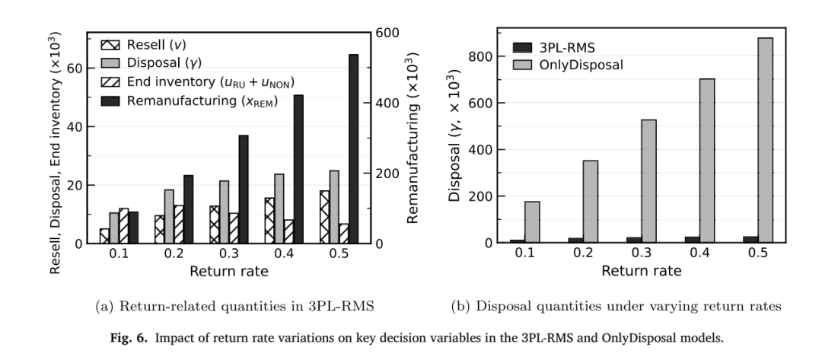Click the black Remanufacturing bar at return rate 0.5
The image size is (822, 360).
(353, 149)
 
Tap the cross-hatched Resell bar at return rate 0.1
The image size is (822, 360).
(104, 236)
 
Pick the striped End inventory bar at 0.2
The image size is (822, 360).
(179, 225)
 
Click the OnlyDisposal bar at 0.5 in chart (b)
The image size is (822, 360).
(765, 141)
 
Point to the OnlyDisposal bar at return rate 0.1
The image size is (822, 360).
(532, 222)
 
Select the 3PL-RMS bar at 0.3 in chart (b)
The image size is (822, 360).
(634, 240)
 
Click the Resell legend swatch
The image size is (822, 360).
(110, 45)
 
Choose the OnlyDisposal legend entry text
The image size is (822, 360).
(581, 65)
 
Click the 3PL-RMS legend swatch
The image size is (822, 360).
(522, 48)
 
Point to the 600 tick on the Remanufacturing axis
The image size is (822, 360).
(388, 33)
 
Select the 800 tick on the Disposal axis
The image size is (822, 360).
(480, 56)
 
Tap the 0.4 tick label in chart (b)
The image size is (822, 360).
(699, 253)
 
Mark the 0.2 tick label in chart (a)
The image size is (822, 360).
(174, 254)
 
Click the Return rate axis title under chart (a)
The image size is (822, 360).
(228, 272)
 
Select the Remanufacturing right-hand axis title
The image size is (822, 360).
(413, 138)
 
